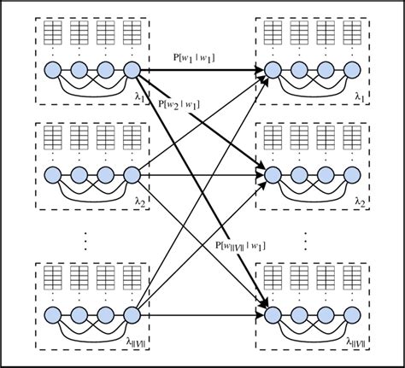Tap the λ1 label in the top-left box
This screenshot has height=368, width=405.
pyautogui.click(x=140, y=97)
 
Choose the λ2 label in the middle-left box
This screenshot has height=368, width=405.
pyautogui.click(x=140, y=202)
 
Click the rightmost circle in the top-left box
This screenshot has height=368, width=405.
pyautogui.click(x=132, y=70)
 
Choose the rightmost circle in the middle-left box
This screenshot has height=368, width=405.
pyautogui.click(x=132, y=175)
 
